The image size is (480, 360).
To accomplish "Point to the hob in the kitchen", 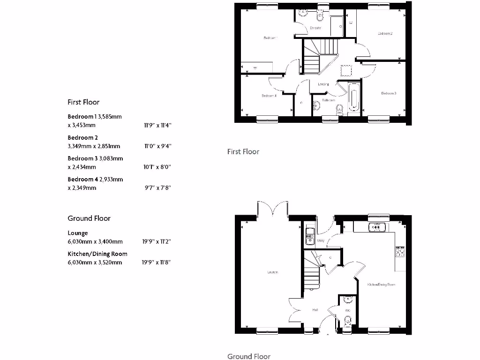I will (x=400, y=253).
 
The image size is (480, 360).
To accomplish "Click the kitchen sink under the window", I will (x=376, y=227).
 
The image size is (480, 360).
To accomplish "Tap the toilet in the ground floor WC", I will (x=347, y=322).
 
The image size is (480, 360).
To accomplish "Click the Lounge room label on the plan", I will (x=272, y=272).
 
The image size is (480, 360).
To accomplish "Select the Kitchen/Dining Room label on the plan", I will (x=381, y=285).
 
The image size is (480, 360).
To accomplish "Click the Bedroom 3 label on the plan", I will (x=389, y=93).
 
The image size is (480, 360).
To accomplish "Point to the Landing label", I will (x=323, y=84).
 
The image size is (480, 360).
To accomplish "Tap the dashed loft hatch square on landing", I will (x=346, y=70).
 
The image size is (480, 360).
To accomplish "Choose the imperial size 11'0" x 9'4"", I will (x=157, y=146).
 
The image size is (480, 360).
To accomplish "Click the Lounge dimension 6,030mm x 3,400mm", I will (x=95, y=242).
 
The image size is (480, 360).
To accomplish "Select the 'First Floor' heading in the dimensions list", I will (x=83, y=102).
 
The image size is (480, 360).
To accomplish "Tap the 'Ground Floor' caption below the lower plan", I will (x=249, y=356).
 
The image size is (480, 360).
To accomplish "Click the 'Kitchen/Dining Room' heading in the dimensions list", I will (x=97, y=254).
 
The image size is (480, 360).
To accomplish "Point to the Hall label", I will (x=315, y=310).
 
